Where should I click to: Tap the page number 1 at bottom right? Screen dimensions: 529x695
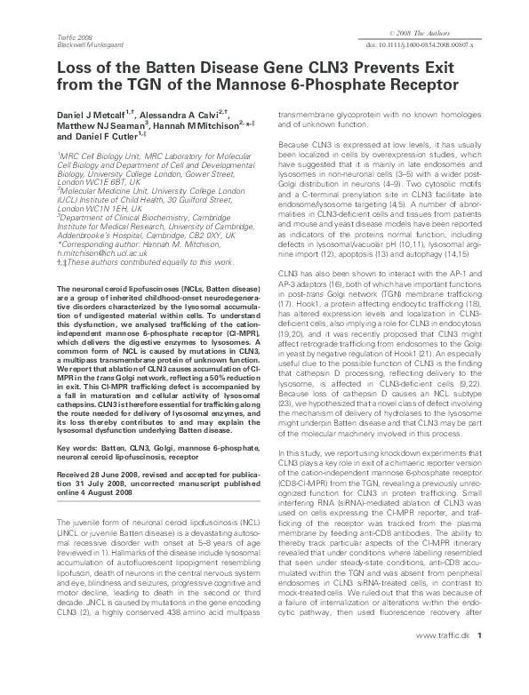(480, 683)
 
